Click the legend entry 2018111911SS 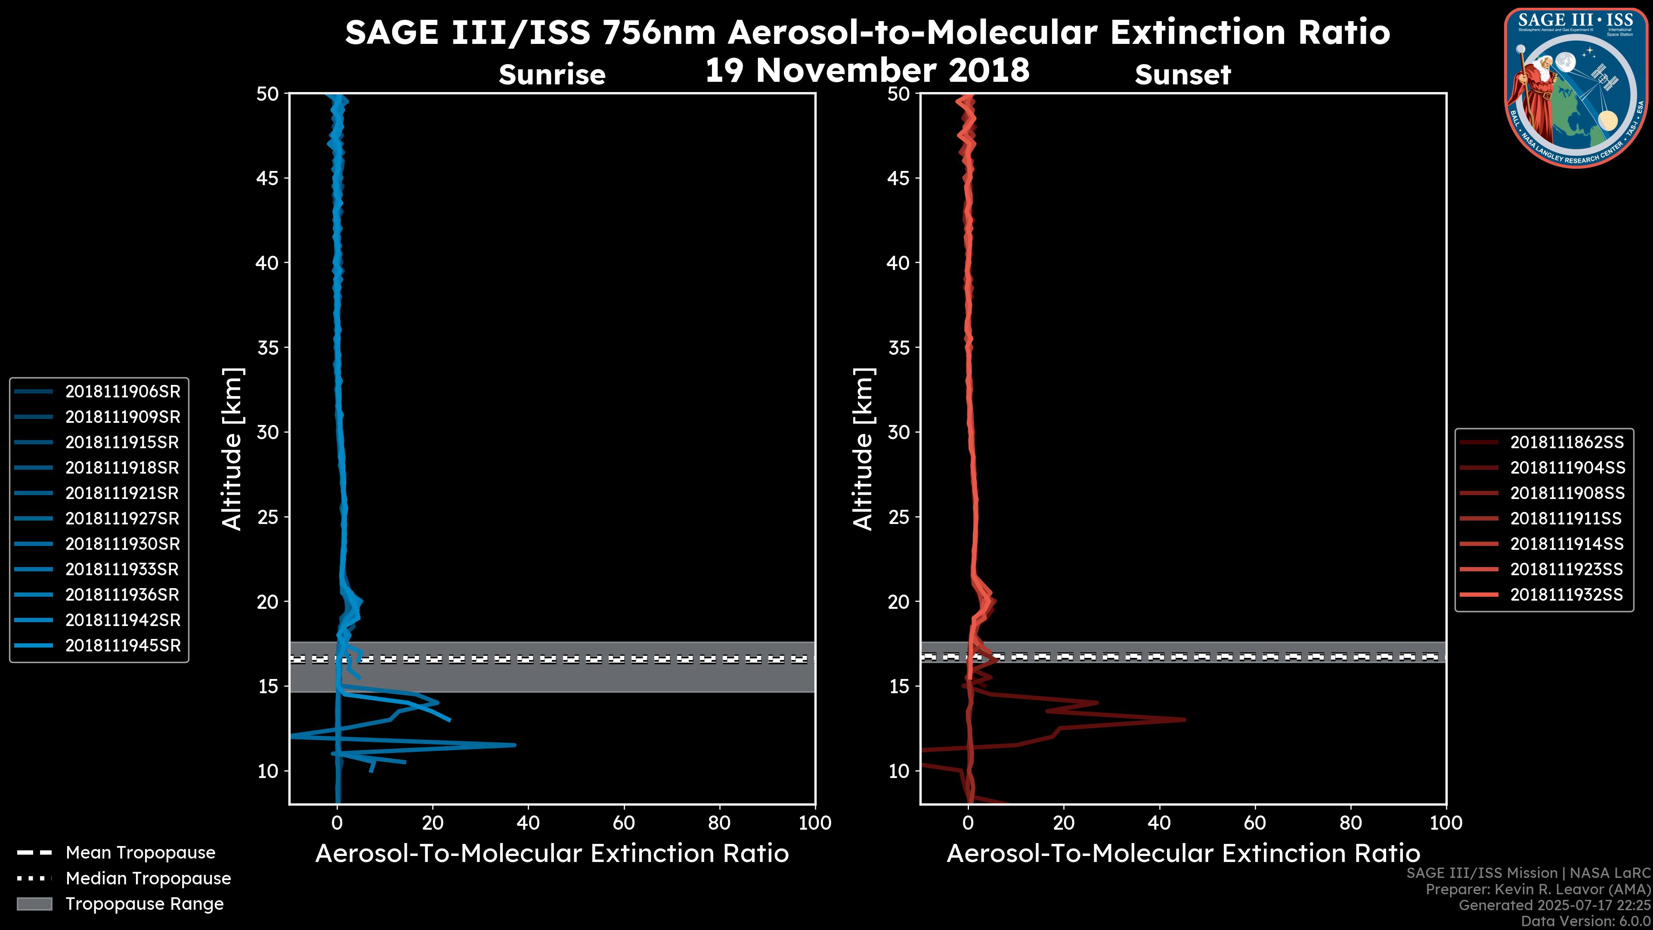click(x=1566, y=518)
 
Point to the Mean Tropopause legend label click(x=140, y=853)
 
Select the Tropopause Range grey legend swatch click(x=34, y=904)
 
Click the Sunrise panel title click(x=552, y=75)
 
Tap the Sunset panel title click(x=1182, y=75)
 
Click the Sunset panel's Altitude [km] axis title click(x=864, y=449)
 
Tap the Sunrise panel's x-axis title click(x=552, y=854)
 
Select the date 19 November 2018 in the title click(x=867, y=71)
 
